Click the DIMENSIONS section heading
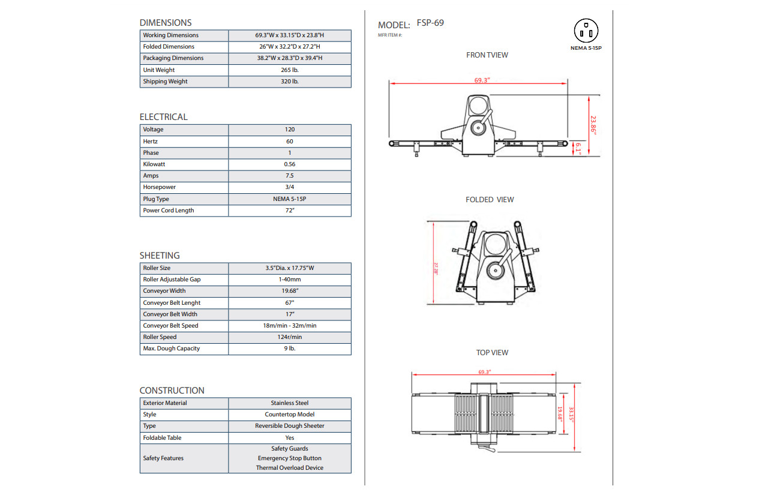pos(166,23)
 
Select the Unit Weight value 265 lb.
pos(290,70)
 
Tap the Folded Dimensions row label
pos(169,46)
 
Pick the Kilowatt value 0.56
pos(290,164)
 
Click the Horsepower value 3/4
pos(290,187)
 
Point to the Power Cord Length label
pos(169,211)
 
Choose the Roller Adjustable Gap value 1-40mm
pos(290,280)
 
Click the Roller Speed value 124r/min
pos(290,337)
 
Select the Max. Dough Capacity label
pos(172,349)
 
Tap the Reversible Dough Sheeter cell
pos(290,425)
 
